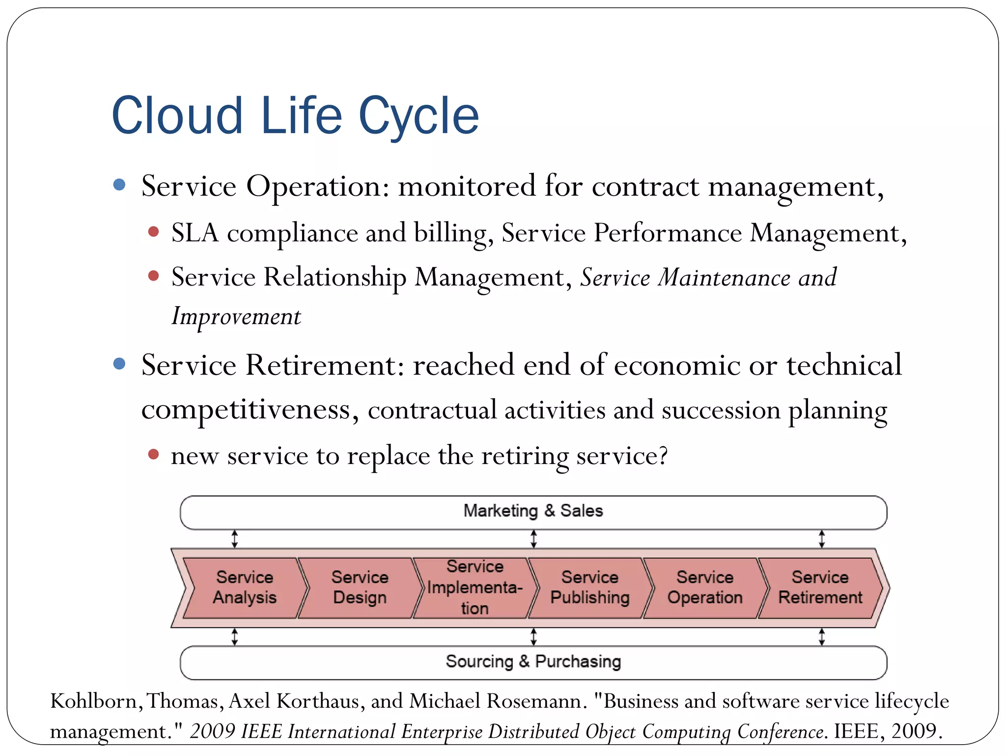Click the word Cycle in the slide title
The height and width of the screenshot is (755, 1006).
coord(419,116)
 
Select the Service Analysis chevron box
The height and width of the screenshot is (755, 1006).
coord(245,587)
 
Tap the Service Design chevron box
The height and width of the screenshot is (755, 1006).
coord(360,587)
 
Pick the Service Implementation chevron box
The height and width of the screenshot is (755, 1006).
coord(475,587)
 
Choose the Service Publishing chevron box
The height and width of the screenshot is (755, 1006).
coord(589,587)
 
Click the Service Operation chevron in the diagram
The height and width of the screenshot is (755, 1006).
coord(705,587)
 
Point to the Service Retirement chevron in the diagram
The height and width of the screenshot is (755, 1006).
coord(820,587)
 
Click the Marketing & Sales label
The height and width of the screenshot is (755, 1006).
coord(533,511)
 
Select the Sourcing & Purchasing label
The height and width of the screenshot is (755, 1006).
coord(533,662)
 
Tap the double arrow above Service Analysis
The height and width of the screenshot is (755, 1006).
coord(235,539)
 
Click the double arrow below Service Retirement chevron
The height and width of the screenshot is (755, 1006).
coord(822,637)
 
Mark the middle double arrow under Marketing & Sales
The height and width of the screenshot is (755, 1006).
coord(533,539)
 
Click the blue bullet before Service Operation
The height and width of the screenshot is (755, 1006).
coord(119,185)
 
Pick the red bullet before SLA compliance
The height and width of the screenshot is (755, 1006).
coord(153,232)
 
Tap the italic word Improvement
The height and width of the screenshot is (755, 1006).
coord(236,316)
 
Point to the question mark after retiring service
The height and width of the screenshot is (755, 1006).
coord(663,455)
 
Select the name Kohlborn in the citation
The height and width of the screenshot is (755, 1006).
coord(94,701)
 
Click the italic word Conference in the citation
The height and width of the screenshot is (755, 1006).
coord(780,731)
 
